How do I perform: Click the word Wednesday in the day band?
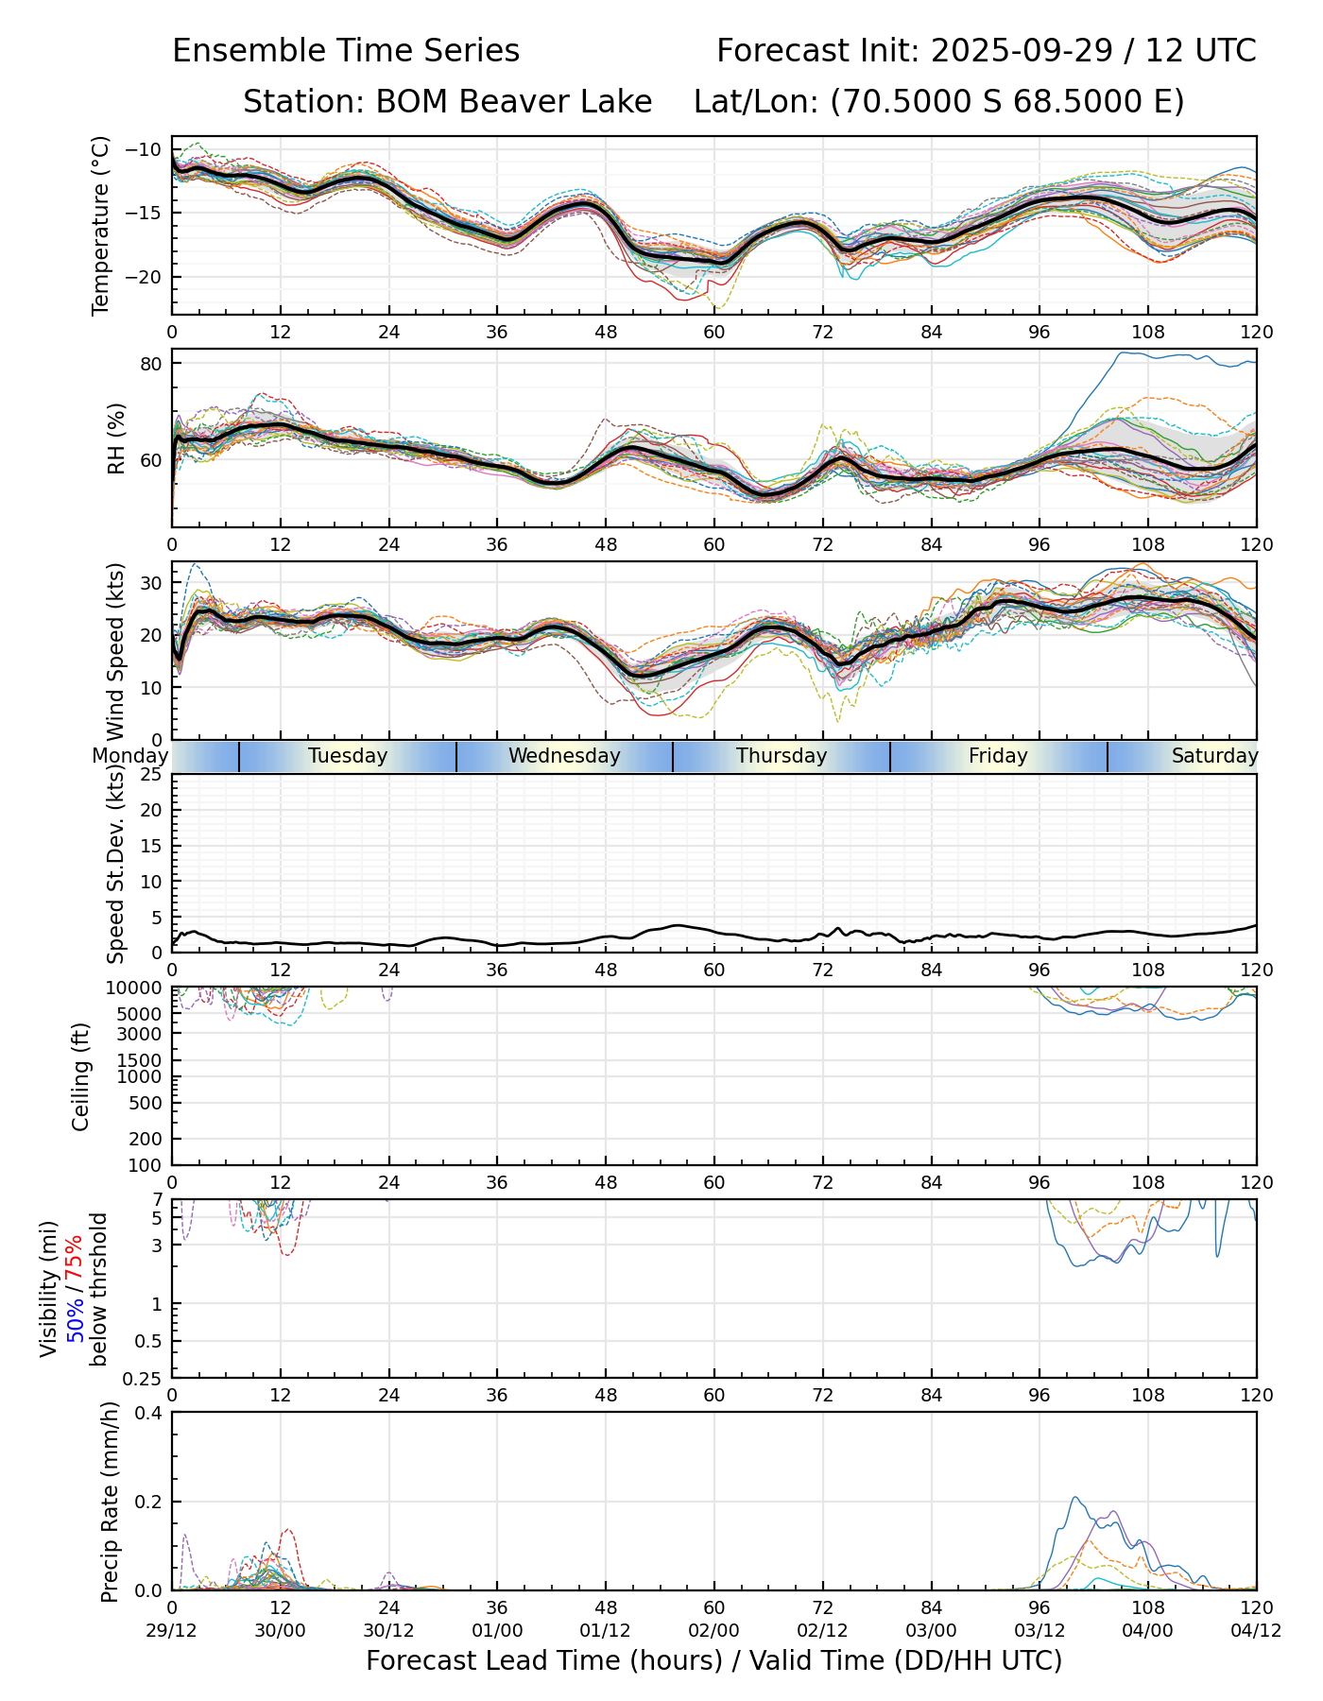[x=564, y=756]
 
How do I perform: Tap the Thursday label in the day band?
[x=782, y=756]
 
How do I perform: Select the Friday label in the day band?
[x=998, y=756]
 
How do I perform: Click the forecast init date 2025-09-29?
[x=1022, y=51]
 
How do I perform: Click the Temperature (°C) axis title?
[x=101, y=225]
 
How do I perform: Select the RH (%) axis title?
[x=116, y=438]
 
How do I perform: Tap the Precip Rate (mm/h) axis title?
[x=111, y=1501]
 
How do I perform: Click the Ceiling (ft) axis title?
[x=82, y=1076]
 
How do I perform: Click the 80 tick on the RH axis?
[x=152, y=364]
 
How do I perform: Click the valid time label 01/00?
[x=497, y=1630]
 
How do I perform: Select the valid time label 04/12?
[x=1256, y=1630]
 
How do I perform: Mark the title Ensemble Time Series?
[x=346, y=51]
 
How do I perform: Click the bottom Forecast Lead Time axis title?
[x=713, y=1661]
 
